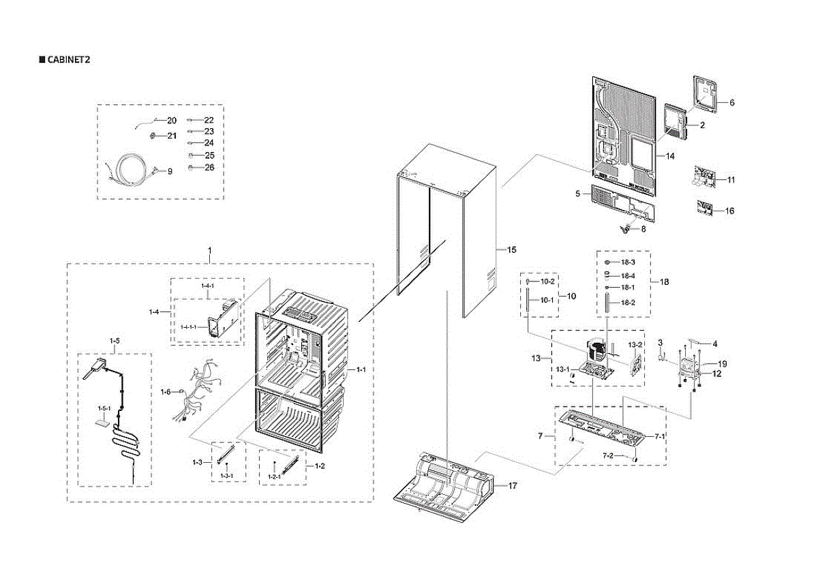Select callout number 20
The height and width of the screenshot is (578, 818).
tap(172, 121)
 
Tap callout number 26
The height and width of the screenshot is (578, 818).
tap(209, 168)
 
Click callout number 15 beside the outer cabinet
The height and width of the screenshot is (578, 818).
tap(512, 250)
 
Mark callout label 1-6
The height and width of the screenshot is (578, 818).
tap(165, 391)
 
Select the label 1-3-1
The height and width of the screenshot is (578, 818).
tap(226, 475)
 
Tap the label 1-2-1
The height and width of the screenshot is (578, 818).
tap(273, 476)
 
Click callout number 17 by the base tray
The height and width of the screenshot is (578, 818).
tap(513, 485)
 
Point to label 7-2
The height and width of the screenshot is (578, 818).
tap(607, 455)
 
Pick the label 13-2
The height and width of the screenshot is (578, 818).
tap(635, 345)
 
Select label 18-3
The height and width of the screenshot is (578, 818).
tap(628, 263)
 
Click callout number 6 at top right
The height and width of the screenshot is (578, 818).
tap(731, 103)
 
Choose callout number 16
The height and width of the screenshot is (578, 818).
tap(729, 211)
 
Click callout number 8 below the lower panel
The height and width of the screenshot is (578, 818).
tap(642, 230)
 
